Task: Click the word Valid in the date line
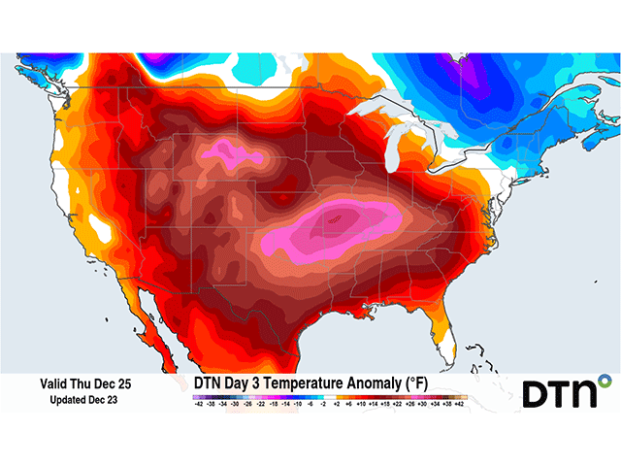55,384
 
